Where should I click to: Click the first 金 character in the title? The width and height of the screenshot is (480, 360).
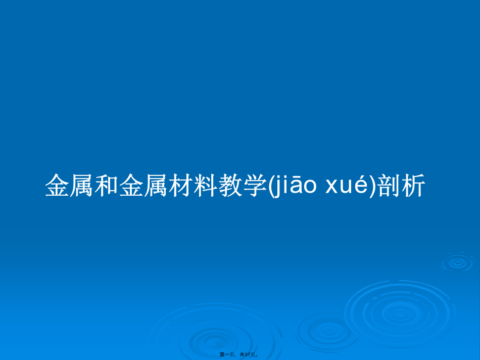(x=57, y=185)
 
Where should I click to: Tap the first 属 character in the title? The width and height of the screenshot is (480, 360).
(x=82, y=185)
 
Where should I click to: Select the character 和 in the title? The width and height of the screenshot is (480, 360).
(x=107, y=185)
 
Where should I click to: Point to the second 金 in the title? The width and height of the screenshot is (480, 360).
(x=131, y=185)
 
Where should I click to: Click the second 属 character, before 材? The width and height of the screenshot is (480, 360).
(x=156, y=185)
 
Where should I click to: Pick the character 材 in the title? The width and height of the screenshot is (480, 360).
(x=180, y=185)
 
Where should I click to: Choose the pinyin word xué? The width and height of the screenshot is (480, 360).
(x=347, y=185)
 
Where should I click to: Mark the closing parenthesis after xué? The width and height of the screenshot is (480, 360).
(x=372, y=186)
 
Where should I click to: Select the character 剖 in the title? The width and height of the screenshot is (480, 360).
(x=389, y=185)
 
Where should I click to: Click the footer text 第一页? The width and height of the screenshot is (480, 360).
(x=227, y=354)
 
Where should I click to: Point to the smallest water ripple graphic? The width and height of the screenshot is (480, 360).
(x=457, y=262)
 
